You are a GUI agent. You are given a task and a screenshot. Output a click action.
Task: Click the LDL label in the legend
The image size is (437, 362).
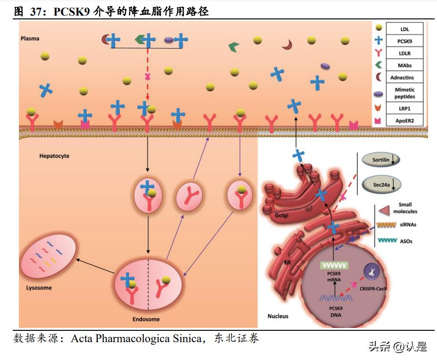pos(404,29)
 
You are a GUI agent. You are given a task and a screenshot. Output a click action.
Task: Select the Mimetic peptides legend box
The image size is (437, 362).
pos(404,93)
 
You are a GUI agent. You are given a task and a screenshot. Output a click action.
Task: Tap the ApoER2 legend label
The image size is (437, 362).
pos(404,121)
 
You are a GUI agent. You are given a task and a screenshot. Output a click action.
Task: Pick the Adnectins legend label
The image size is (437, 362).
pos(404,78)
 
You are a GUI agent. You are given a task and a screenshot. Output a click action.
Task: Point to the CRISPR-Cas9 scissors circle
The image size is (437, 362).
pos(372,272)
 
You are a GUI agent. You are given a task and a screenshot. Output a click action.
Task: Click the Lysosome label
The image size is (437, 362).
pos(39,288)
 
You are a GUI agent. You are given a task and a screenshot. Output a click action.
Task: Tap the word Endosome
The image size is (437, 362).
pos(146,319)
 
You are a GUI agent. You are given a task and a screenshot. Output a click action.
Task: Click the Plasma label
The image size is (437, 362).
pos(30,38)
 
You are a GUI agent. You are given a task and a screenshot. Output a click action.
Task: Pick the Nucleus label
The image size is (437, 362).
pos(277,316)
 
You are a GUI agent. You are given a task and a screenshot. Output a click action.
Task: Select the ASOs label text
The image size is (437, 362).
pos(405,241)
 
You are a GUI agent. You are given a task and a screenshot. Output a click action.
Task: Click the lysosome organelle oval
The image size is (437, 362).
pos(49,256)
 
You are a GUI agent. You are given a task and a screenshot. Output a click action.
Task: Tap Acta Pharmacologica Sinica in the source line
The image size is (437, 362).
pos(136,338)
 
